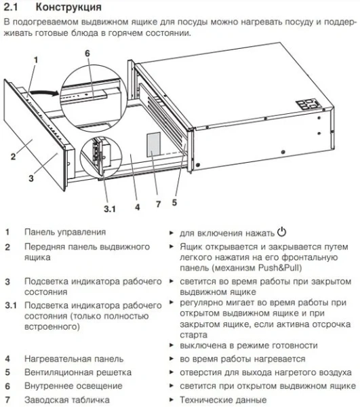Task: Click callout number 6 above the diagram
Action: (x=87, y=53)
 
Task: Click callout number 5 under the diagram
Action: (x=174, y=201)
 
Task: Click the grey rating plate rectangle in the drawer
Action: (x=154, y=143)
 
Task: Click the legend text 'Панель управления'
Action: (x=65, y=232)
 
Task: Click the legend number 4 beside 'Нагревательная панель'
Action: (x=7, y=359)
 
